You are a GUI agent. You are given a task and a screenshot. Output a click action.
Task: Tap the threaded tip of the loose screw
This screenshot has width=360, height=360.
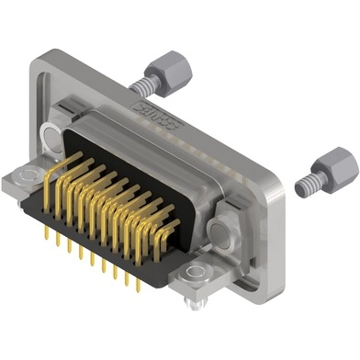point(301,186)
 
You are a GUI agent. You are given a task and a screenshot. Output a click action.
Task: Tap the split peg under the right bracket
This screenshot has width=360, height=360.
point(190,300)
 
